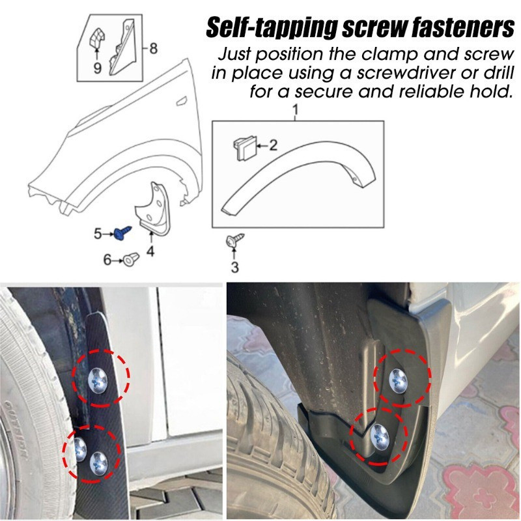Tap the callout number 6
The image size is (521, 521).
[x=108, y=260]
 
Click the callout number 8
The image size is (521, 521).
[x=154, y=48]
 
